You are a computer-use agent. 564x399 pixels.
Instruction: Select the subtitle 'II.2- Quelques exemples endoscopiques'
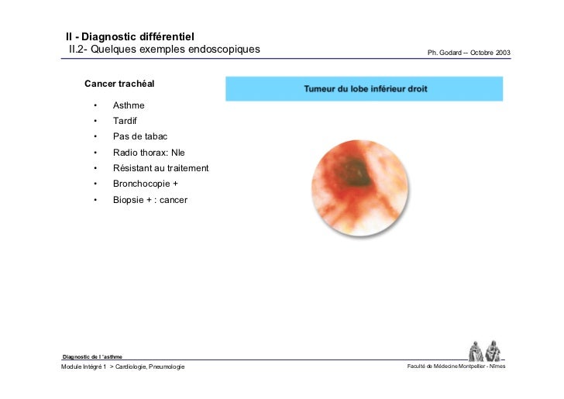[164, 50]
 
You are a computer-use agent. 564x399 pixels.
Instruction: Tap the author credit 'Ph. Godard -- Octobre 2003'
[469, 53]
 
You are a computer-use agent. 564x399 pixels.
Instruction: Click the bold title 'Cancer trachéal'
[123, 83]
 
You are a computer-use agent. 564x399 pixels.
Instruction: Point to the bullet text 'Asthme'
[129, 105]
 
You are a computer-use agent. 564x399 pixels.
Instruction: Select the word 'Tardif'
[126, 121]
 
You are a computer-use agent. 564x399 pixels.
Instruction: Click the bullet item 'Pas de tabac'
[140, 136]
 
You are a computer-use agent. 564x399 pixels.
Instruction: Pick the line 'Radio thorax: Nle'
[149, 153]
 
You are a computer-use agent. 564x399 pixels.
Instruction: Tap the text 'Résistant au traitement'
[160, 168]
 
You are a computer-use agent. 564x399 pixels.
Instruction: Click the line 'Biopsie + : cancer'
[150, 200]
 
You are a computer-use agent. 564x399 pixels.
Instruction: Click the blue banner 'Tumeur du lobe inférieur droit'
[364, 89]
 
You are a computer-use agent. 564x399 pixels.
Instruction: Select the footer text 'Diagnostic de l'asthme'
[92, 356]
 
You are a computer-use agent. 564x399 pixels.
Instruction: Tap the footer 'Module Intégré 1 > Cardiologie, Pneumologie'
[123, 366]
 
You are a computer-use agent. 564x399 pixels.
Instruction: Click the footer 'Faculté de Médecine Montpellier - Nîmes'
[456, 366]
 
